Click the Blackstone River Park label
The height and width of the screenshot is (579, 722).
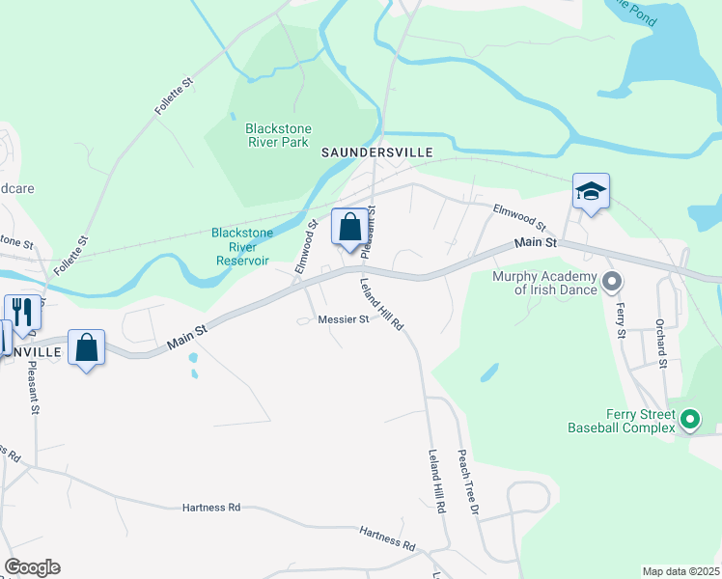tap(275, 135)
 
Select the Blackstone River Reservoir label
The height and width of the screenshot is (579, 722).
tap(242, 245)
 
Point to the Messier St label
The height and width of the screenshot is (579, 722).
tap(344, 319)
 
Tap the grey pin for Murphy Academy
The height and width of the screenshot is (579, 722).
tap(612, 282)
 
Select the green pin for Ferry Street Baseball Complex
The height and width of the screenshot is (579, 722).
tap(689, 419)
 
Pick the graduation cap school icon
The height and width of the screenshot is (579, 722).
tap(591, 192)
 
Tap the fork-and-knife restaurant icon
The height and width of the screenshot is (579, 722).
tap(22, 312)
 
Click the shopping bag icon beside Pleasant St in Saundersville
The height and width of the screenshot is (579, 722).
tap(350, 228)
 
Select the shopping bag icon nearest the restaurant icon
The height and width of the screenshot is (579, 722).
tap(87, 348)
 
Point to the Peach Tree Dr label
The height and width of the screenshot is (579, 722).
tap(468, 481)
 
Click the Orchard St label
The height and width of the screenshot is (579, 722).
tap(661, 344)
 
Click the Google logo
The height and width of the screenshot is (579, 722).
tap(32, 567)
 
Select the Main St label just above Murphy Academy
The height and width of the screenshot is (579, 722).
tap(536, 244)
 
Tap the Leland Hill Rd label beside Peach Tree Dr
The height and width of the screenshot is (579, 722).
tap(438, 481)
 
